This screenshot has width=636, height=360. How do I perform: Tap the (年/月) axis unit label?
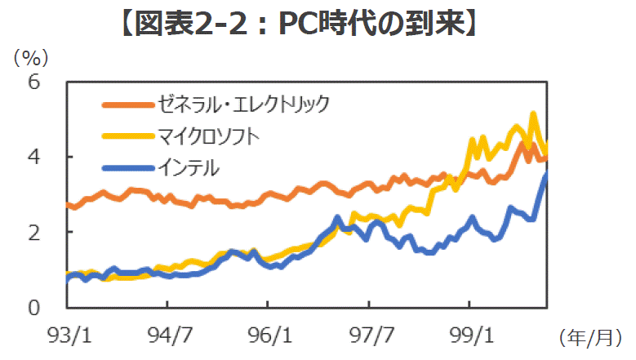click(591, 336)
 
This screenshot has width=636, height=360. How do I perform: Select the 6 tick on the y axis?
click(34, 82)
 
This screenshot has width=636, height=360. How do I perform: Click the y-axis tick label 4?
click(34, 157)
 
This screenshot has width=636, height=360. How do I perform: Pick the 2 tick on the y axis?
click(34, 233)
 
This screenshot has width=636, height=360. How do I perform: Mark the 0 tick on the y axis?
click(34, 308)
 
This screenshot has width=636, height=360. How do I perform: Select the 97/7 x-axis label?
click(369, 335)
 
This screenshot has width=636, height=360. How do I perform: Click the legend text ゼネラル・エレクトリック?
click(247, 104)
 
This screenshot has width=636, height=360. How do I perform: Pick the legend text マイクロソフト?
click(210, 136)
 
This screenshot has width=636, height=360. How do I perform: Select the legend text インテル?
click(189, 167)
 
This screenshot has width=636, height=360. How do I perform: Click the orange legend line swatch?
click(126, 104)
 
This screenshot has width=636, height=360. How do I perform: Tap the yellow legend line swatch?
click(126, 136)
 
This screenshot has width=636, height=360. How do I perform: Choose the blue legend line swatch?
click(126, 167)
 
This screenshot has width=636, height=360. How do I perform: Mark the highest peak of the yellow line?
click(533, 114)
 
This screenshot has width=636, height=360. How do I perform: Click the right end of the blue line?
click(545, 175)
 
